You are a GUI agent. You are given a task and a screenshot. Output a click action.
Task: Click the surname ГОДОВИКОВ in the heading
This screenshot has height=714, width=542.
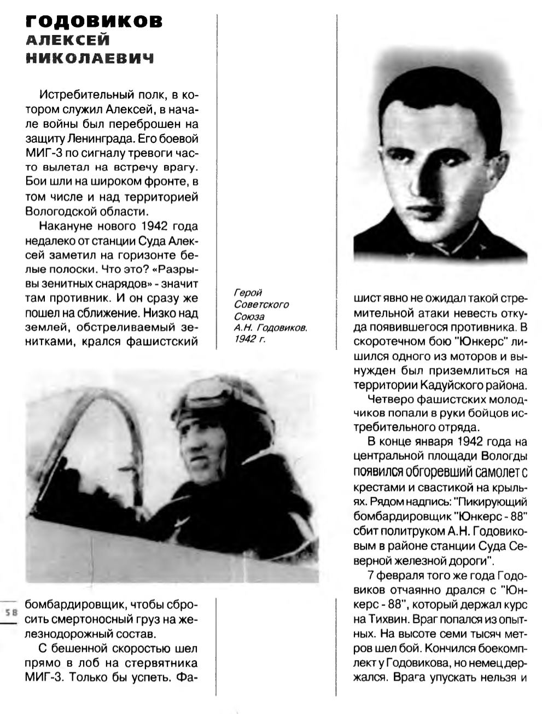[94, 21]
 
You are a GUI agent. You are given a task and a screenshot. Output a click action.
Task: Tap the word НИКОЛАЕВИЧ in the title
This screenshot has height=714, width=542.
[90, 58]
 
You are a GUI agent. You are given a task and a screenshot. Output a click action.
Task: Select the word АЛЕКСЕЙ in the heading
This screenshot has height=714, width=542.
[68, 40]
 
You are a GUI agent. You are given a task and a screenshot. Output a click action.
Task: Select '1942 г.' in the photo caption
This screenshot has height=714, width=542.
[249, 338]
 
